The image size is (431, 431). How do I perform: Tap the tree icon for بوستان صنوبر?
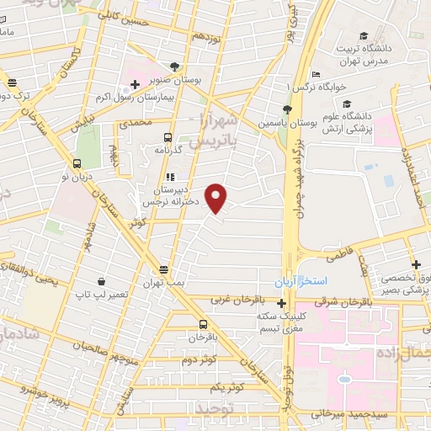coord(174,67)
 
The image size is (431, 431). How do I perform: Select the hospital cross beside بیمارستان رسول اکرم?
coord(135,86)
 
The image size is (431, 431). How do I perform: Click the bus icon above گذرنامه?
coord(168,136)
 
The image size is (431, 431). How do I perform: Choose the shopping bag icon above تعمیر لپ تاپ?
coord(101,282)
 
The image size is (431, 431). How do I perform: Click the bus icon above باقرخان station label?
coord(203,324)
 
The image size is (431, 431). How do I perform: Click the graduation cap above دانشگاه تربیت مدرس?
coord(363,35)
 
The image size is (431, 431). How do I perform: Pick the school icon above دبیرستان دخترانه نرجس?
coord(171,178)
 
